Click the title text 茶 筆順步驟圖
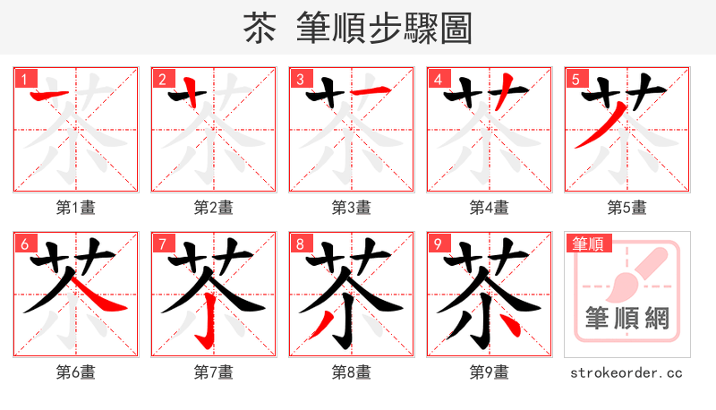click(x=357, y=29)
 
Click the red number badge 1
click(x=23, y=80)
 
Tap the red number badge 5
click(x=575, y=80)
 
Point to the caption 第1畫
click(x=76, y=208)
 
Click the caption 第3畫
click(x=352, y=208)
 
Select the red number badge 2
click(x=161, y=80)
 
